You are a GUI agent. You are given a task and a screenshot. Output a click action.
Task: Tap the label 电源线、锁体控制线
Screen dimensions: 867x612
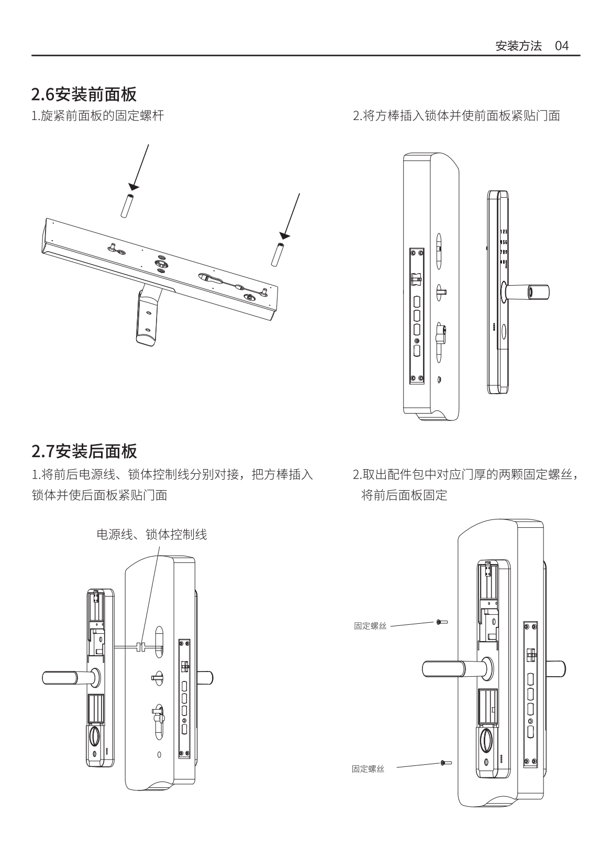[x=152, y=534]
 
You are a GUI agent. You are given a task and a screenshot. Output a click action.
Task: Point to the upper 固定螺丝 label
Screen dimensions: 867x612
[x=370, y=626]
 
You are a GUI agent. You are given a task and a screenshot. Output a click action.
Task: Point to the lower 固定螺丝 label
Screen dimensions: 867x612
[x=368, y=769]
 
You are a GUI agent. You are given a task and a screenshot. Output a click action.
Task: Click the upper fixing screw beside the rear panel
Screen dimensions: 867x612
[x=441, y=622]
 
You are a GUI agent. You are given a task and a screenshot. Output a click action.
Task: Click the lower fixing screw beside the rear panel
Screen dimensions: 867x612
[x=446, y=763]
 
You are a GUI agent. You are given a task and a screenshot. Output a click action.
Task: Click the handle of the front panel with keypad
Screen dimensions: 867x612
[x=529, y=291]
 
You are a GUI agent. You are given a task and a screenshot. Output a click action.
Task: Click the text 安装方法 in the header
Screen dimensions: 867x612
[x=518, y=46]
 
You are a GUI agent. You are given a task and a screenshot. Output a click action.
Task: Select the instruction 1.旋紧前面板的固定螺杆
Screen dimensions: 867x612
[x=97, y=115]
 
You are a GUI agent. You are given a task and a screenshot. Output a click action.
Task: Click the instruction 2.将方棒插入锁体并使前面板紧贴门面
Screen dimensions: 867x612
[x=457, y=115]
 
